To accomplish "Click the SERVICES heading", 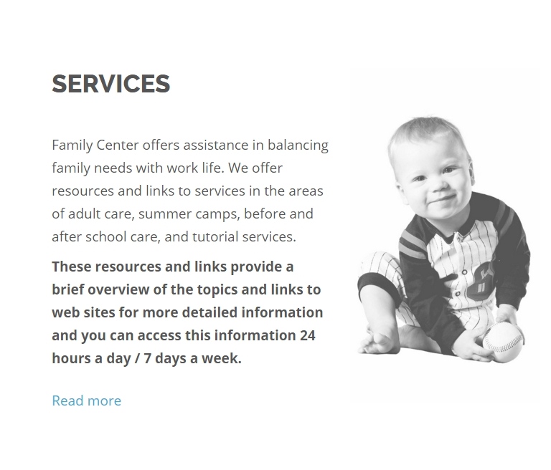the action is click(x=110, y=84).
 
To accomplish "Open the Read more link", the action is click(x=86, y=401).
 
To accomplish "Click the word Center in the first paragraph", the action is click(x=118, y=145).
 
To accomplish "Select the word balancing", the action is click(x=298, y=145).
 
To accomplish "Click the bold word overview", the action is click(x=118, y=289).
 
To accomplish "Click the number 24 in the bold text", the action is click(x=308, y=335).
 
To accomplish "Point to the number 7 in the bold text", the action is click(x=147, y=358).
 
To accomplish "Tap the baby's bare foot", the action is click(x=379, y=342).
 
